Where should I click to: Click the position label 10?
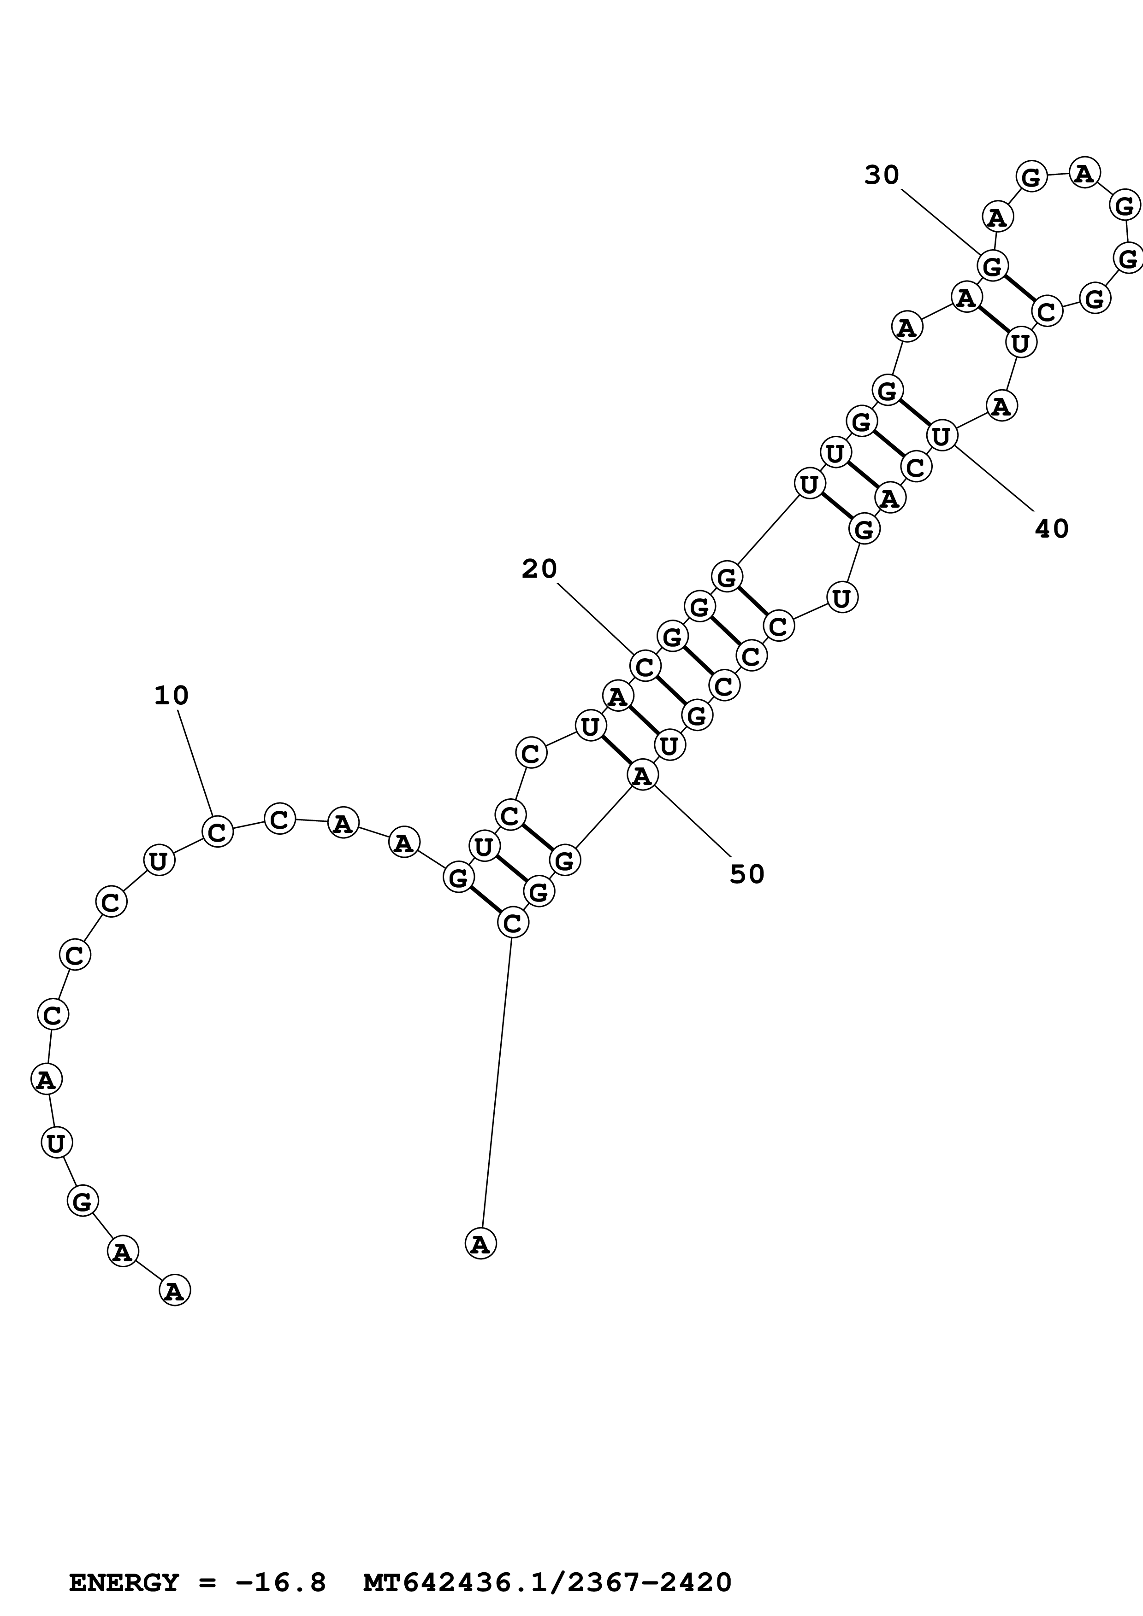(171, 696)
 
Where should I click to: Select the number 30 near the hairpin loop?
(882, 175)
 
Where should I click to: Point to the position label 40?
(1051, 528)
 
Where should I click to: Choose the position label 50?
(746, 874)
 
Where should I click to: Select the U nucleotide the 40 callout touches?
(942, 436)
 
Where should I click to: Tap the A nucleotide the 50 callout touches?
(641, 776)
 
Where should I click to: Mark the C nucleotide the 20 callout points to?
(645, 666)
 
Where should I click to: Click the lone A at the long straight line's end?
(480, 1244)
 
